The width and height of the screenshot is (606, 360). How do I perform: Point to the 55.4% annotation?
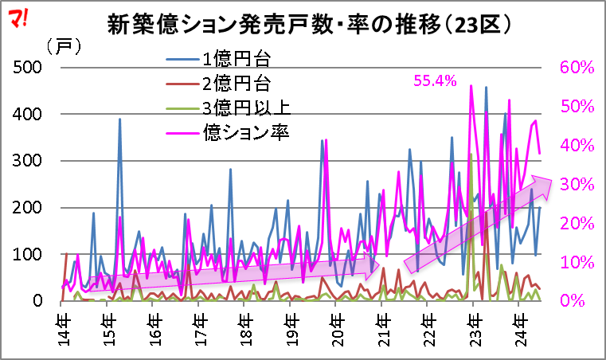coord(435,80)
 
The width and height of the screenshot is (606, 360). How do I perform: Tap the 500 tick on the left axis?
coord(30,68)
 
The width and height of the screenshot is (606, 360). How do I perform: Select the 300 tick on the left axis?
coord(30,161)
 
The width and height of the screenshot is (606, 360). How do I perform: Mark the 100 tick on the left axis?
coord(30,254)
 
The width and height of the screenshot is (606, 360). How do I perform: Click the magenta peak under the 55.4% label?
coord(471,86)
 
